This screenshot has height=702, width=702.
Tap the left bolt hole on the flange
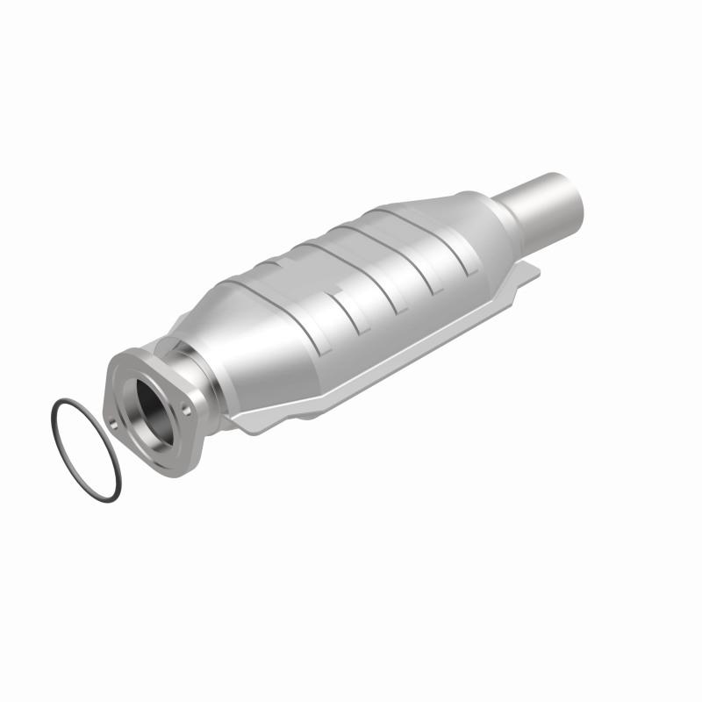tap(113, 425)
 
